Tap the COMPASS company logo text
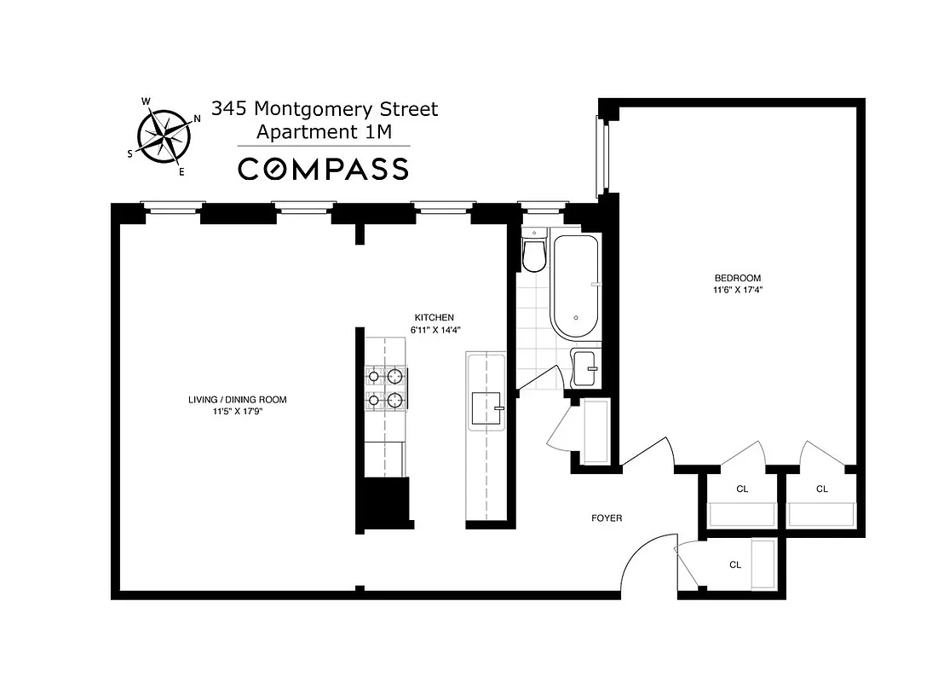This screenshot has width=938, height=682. [323, 169]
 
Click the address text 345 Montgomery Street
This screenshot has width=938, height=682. [325, 109]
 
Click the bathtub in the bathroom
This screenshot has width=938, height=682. [576, 286]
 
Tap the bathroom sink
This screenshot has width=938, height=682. [584, 367]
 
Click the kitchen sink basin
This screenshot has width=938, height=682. [486, 408]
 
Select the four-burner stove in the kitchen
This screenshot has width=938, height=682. [384, 387]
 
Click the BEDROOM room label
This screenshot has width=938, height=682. [737, 278]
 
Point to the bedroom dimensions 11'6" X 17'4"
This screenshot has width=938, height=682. [737, 290]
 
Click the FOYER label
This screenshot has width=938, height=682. [607, 518]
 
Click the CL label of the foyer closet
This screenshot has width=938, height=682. [734, 564]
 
